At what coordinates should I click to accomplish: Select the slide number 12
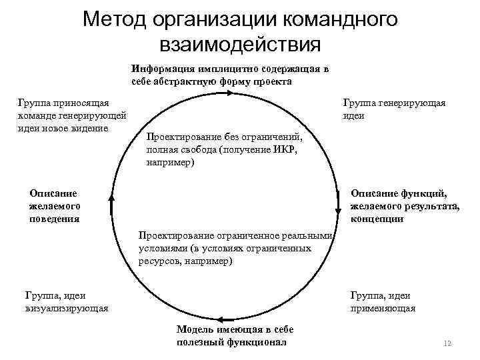pyautogui.click(x=447, y=343)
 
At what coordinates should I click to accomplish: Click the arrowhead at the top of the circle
pyautogui.click(x=229, y=93)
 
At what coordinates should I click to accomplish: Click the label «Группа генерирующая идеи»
pyautogui.click(x=394, y=109)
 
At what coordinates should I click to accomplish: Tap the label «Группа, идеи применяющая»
pyautogui.click(x=383, y=302)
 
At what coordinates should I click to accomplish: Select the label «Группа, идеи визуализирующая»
pyautogui.click(x=66, y=302)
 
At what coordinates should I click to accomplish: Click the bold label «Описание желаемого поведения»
pyautogui.click(x=54, y=205)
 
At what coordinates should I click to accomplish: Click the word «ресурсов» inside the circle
pyautogui.click(x=159, y=261)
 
